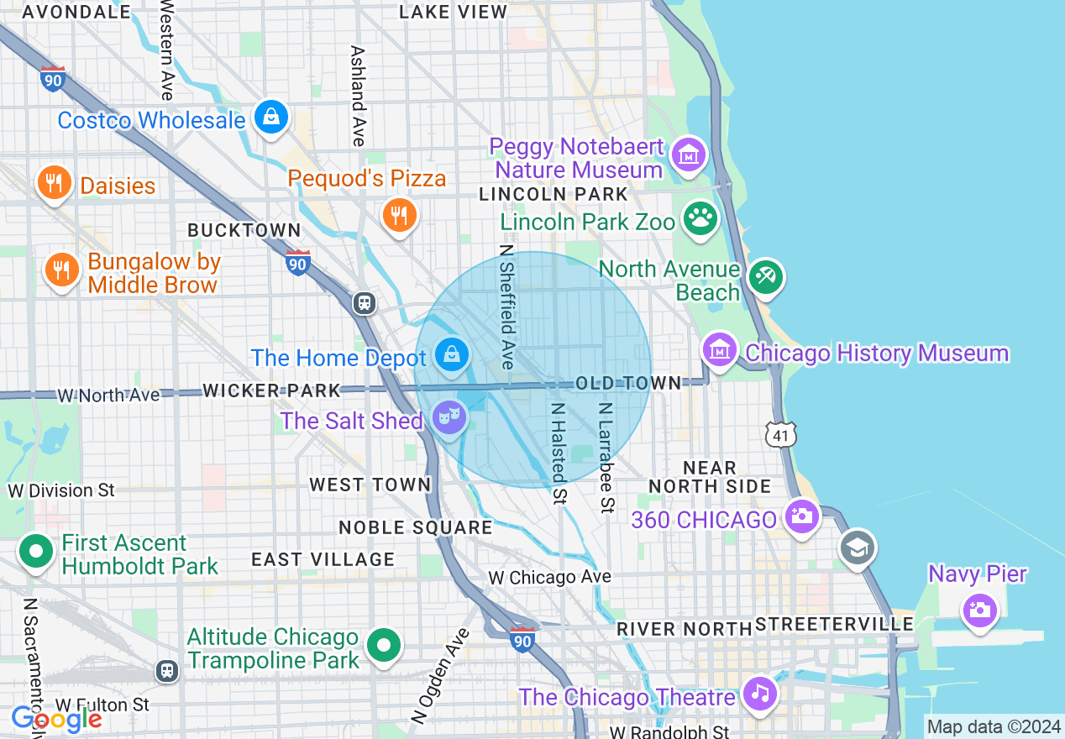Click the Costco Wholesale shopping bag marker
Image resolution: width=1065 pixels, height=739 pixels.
click(x=271, y=118)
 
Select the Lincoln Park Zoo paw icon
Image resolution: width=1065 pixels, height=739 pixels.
click(x=700, y=218)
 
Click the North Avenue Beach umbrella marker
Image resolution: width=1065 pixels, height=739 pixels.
click(x=765, y=277)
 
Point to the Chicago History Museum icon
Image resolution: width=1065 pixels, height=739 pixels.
click(x=720, y=349)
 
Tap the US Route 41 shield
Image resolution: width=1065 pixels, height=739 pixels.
click(x=780, y=434)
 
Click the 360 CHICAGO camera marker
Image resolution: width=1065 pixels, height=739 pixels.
click(x=802, y=516)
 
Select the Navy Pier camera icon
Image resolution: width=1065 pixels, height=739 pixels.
click(x=979, y=608)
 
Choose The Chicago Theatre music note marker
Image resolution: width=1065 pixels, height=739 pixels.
click(x=760, y=693)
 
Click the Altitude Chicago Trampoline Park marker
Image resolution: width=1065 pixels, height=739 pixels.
click(x=384, y=646)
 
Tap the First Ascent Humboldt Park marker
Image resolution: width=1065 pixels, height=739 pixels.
click(x=36, y=552)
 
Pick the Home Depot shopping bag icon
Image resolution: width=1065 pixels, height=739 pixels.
click(x=452, y=355)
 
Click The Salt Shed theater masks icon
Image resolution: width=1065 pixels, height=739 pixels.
click(x=449, y=416)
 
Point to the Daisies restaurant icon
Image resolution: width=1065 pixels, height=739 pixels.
click(x=55, y=182)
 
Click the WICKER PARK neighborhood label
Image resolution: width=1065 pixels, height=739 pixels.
click(x=271, y=390)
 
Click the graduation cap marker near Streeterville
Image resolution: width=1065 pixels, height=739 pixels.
click(x=858, y=549)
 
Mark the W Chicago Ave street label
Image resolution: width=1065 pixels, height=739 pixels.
click(x=550, y=578)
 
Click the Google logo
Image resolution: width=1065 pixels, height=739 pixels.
click(x=56, y=719)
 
